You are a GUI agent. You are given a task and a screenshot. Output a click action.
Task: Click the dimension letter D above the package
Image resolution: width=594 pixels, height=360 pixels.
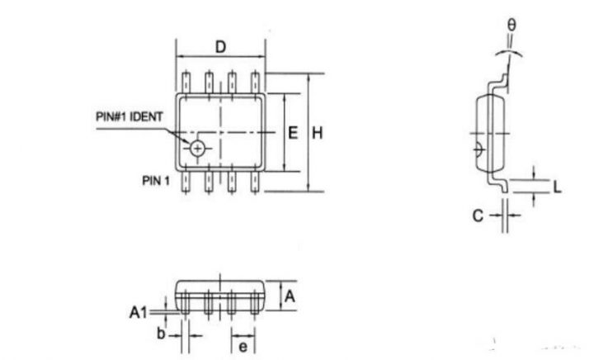coord(220,47)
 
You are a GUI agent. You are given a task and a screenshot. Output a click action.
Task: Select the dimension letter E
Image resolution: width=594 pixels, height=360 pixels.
coord(293,133)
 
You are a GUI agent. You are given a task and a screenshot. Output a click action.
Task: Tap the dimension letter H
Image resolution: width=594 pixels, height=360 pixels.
coord(318,133)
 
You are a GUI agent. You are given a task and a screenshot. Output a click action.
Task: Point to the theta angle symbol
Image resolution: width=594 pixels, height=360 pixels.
coord(511,25)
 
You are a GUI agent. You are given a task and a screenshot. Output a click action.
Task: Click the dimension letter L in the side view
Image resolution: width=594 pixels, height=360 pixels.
coord(557,187)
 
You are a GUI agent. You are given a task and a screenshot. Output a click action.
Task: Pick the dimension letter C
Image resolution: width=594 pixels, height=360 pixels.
coord(478,216)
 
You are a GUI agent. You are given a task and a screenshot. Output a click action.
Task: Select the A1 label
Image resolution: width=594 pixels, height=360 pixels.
coord(138,313)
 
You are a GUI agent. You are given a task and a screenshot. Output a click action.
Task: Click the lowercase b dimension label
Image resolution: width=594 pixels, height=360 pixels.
coord(161,334)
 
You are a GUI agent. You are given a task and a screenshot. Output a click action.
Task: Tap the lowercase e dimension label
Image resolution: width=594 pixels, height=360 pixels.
coord(243,346)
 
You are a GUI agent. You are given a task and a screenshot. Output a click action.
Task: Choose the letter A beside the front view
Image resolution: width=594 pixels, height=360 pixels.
coord(290,296)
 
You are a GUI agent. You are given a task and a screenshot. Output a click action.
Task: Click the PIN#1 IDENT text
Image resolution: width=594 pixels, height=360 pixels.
coord(130,116)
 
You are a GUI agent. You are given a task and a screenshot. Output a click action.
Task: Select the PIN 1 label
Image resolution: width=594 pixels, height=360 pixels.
coord(156,181)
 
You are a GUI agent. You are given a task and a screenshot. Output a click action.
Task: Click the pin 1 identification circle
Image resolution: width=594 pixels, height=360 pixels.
coord(197,149)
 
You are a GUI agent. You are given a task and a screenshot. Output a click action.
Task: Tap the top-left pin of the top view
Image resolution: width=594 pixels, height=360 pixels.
coord(186,83)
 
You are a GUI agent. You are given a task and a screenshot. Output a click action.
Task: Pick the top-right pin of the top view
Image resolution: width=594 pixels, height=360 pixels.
coord(255,83)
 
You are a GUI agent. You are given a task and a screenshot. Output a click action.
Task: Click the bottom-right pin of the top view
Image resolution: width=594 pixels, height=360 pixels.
coord(255,182)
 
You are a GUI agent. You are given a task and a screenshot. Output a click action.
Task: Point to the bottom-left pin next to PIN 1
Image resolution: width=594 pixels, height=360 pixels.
coord(186,182)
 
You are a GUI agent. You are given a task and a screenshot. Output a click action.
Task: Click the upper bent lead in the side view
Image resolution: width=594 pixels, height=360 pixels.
coord(501,83)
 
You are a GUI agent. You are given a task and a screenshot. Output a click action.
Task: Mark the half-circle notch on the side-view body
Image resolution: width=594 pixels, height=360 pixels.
coord(479,149)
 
